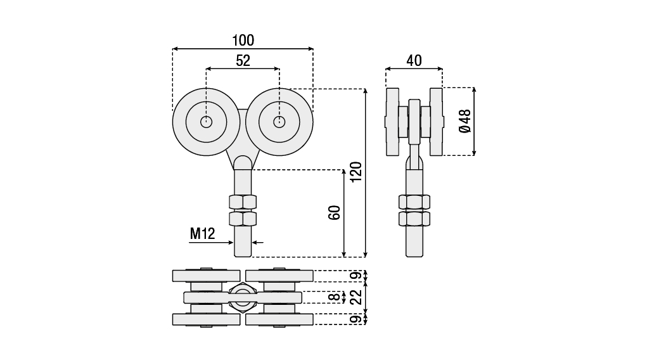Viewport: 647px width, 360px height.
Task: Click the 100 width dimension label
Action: pos(243,41)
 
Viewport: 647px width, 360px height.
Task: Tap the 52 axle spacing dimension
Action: pos(243,61)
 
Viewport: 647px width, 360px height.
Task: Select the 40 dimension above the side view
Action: pos(414,61)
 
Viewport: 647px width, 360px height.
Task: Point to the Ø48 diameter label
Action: pos(465,122)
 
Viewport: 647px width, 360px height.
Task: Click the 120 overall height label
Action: pos(356,172)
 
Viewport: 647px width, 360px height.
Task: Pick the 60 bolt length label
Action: pos(334,212)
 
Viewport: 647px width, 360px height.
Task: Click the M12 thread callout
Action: pos(202,234)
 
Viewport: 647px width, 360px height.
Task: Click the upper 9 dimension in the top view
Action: pos(357,275)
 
